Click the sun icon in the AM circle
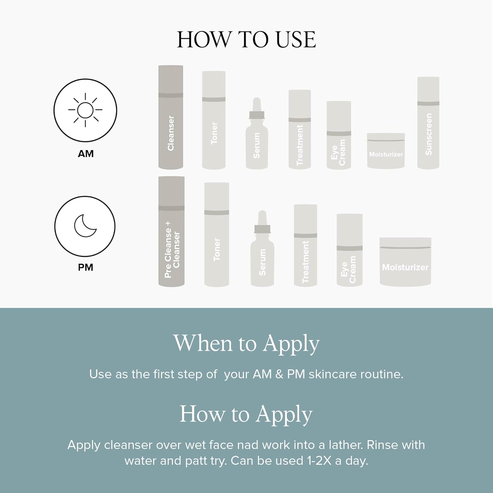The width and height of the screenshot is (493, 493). click(85, 110)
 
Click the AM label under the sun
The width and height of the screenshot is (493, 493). click(86, 153)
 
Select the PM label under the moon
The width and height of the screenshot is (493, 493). click(85, 267)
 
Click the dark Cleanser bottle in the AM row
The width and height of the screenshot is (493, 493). click(171, 117)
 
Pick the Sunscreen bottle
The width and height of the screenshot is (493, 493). click(428, 123)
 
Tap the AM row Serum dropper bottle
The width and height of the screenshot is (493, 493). click(257, 133)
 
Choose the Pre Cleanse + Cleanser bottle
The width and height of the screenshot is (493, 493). click(171, 231)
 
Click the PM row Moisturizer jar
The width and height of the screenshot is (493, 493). click(405, 262)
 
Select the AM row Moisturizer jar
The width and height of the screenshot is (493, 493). click(386, 151)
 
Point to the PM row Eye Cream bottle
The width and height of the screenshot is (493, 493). click(349, 250)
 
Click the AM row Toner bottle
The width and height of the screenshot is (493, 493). click(214, 120)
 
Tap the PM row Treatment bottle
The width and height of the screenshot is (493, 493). click(305, 245)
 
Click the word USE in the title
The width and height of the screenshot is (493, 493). click(295, 40)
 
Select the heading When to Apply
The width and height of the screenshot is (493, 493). click(246, 344)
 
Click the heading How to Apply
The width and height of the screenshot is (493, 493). click(246, 414)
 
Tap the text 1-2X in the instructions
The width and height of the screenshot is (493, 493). click(319, 461)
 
